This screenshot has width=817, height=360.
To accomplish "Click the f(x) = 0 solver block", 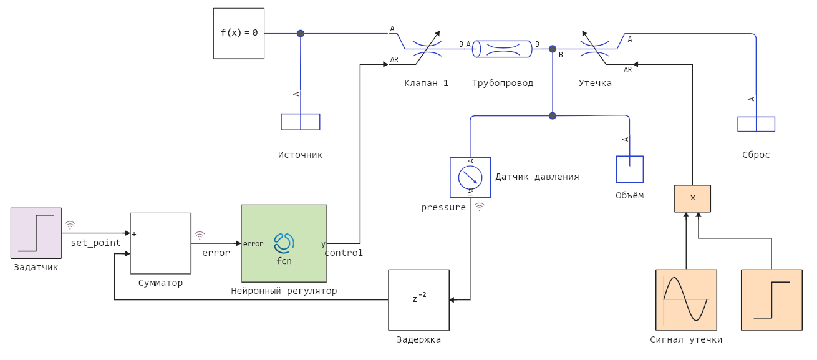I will (239, 33).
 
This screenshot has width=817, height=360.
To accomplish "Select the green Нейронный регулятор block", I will (284, 243).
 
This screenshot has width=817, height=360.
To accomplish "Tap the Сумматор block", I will (160, 243).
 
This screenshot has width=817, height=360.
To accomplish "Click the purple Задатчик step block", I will (36, 233).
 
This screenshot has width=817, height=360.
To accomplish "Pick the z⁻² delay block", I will (418, 299).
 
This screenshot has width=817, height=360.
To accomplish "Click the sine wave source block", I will (686, 299).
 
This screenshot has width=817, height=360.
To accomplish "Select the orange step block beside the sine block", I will (771, 299).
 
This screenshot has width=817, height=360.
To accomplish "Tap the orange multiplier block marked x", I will (692, 198).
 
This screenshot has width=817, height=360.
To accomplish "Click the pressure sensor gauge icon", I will (470, 177).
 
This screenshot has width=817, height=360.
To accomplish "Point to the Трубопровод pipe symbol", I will (502, 49).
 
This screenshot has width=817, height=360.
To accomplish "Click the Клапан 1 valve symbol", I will (427, 49).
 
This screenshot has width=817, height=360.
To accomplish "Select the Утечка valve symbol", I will (595, 49).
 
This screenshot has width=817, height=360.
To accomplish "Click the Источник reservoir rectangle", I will (301, 122).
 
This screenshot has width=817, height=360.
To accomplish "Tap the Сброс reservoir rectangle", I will (756, 124).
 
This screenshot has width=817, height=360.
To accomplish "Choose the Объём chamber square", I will (629, 169).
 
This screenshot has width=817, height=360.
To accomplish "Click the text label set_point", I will (95, 243).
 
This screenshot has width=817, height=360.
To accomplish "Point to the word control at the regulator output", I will (344, 253).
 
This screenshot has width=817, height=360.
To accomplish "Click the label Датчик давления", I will (537, 177).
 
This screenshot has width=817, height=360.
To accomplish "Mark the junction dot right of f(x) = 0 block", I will (301, 34).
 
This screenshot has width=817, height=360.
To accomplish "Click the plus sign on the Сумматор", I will (134, 234).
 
